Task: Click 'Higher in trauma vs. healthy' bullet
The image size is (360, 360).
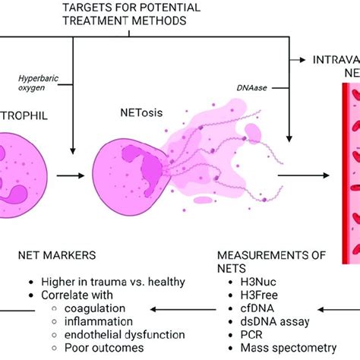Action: pos(113,281)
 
